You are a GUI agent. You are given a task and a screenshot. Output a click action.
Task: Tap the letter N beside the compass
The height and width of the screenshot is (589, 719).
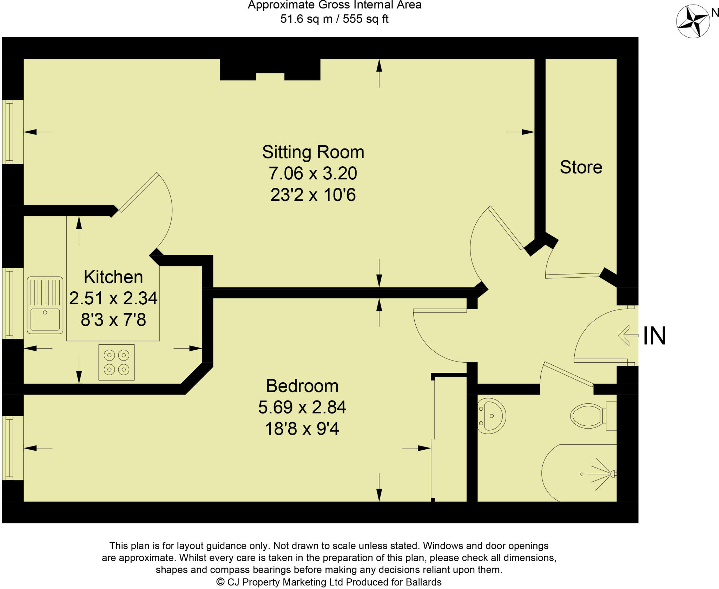pos(714,13)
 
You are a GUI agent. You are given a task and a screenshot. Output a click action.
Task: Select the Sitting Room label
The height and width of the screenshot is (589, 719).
pos(313,152)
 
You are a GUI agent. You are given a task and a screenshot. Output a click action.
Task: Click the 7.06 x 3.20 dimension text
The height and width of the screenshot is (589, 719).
pos(313,173)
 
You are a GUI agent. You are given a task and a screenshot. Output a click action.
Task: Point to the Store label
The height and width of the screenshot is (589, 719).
pos(581,167)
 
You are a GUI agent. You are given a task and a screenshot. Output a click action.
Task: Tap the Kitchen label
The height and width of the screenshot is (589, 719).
pos(113,277)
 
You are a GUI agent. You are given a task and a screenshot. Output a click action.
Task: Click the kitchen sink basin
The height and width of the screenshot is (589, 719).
pos(45,319)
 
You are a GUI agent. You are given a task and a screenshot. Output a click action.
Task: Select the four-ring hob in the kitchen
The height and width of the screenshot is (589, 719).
pos(117,362)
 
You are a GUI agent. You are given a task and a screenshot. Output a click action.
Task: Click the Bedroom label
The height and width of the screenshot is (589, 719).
pos(302,386)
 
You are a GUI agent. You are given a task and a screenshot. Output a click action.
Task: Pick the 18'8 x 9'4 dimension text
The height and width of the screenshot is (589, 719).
pos(302,429)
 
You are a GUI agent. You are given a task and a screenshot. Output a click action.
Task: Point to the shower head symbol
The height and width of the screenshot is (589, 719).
pos(612,474)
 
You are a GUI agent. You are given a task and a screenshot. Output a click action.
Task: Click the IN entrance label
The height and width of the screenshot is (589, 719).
pos(654,336)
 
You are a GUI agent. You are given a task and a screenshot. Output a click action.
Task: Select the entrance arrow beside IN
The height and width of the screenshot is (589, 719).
pos(628,336)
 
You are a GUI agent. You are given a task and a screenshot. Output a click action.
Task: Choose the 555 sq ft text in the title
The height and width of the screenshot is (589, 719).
pos(365,19)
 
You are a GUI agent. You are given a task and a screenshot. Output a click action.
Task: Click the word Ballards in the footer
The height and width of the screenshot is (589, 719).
pos(423,582)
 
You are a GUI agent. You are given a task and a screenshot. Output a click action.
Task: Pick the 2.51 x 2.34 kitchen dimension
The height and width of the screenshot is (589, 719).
pos(113,298)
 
